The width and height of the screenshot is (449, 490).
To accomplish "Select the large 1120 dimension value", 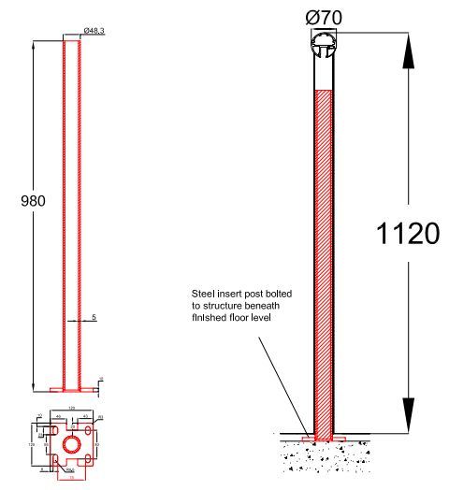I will pyautogui.click(x=407, y=234).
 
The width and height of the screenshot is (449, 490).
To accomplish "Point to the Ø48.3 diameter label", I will pyautogui.click(x=94, y=31).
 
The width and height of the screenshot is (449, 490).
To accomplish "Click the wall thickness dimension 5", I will pyautogui.click(x=93, y=318).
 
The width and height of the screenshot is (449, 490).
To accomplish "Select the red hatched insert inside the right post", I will pyautogui.click(x=324, y=252).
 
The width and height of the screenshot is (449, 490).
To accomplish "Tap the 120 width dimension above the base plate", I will pyautogui.click(x=70, y=410).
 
